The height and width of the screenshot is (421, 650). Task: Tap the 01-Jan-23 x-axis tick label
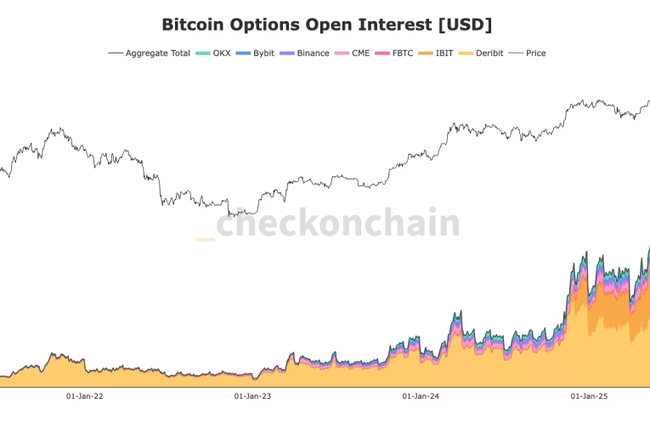[252, 395]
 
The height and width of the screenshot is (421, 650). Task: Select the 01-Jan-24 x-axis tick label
[421, 395]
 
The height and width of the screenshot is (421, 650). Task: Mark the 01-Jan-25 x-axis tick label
[589, 395]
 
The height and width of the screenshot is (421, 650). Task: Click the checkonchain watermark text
[337, 224]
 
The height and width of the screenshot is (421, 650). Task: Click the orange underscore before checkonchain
[205, 240]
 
